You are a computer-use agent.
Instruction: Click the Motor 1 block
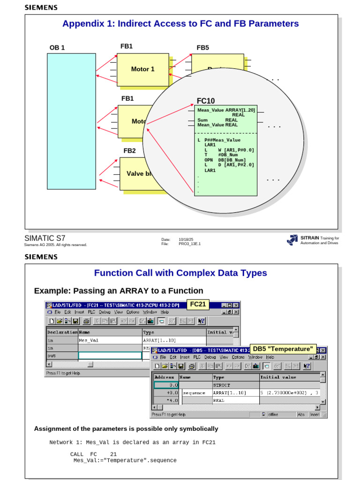click(x=142, y=69)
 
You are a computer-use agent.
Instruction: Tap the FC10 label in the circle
click(x=206, y=101)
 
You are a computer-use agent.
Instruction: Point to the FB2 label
click(x=129, y=150)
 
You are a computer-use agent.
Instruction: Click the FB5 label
click(x=202, y=47)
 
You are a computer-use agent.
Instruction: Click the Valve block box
click(x=136, y=173)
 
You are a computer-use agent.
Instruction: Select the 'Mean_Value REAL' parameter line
click(x=217, y=125)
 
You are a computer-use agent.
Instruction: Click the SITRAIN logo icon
click(x=292, y=240)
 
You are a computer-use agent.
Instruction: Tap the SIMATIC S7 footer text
click(x=45, y=238)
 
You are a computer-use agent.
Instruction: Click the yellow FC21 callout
click(x=198, y=304)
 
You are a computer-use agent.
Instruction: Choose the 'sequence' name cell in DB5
click(x=194, y=393)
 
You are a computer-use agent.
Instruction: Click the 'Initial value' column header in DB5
click(x=278, y=377)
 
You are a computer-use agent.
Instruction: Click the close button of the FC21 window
click(x=236, y=305)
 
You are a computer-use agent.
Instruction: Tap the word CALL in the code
click(x=77, y=454)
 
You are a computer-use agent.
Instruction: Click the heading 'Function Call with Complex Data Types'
click(x=180, y=273)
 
